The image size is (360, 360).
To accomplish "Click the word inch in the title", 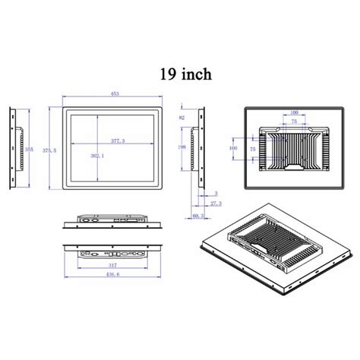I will click(x=195, y=74).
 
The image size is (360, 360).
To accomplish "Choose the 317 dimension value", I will click(x=112, y=264).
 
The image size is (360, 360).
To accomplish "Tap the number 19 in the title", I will click(x=166, y=74).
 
